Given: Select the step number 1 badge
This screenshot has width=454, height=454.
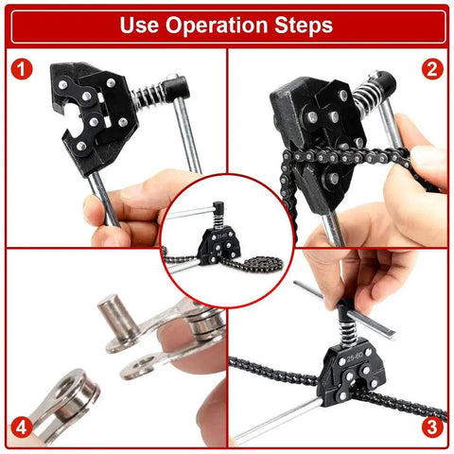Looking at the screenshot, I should click(x=22, y=69).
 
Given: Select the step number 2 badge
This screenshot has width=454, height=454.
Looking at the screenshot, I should click(x=432, y=69).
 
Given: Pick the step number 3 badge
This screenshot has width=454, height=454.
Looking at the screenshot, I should click(x=432, y=427).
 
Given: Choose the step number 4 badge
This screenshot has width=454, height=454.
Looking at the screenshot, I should click(x=22, y=427).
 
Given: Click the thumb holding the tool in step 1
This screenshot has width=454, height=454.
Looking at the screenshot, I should click(x=142, y=189).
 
